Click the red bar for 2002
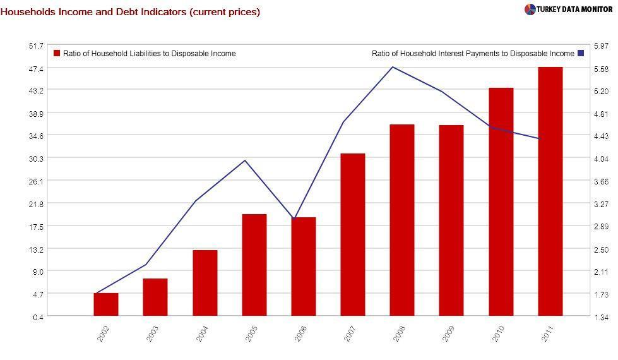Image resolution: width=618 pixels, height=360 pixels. pyautogui.click(x=106, y=304)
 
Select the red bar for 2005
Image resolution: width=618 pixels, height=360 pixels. pyautogui.click(x=254, y=265)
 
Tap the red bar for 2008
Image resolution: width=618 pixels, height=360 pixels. pyautogui.click(x=402, y=220)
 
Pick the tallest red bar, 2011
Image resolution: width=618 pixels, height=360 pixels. pyautogui.click(x=550, y=191)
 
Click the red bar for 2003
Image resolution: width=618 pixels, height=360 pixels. pyautogui.click(x=155, y=297)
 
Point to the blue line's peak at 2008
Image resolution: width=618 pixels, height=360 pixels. pyautogui.click(x=393, y=67)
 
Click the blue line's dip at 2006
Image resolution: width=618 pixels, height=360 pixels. pyautogui.click(x=294, y=219)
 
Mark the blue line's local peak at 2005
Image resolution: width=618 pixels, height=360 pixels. pyautogui.click(x=245, y=160)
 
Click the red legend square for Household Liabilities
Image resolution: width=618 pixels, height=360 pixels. pyautogui.click(x=57, y=54)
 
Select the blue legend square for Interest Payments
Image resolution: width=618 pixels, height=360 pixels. pyautogui.click(x=581, y=54)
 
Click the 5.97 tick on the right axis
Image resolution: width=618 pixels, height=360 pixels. pyautogui.click(x=600, y=46)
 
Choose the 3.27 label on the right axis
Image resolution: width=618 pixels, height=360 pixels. pyautogui.click(x=600, y=204)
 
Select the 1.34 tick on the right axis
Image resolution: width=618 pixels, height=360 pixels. pyautogui.click(x=600, y=316)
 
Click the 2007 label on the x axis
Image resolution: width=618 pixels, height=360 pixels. pyautogui.click(x=349, y=333)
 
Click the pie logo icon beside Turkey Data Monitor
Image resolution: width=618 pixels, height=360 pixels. pyautogui.click(x=530, y=9)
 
